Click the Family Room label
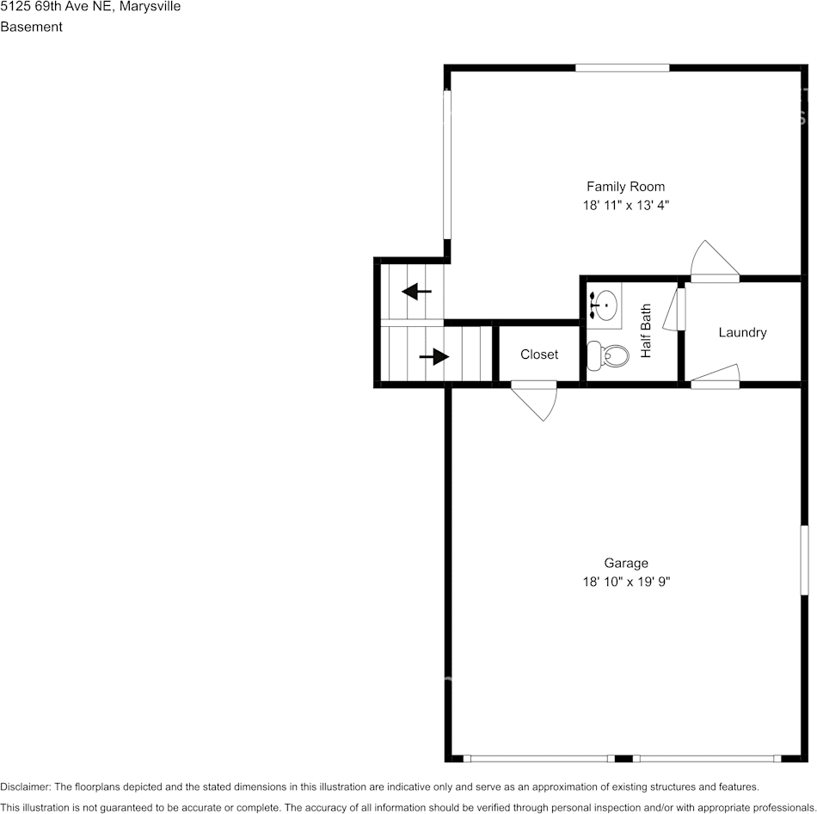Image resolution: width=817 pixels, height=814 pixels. (625, 187)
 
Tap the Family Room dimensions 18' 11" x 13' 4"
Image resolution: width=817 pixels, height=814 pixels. (625, 205)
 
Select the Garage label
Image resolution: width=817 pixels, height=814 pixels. (626, 564)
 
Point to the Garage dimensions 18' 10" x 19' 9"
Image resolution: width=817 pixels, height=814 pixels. (626, 582)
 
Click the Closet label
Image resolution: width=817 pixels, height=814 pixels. (538, 355)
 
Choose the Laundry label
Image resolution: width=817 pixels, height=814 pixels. (742, 333)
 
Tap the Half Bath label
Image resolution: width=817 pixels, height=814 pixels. (646, 330)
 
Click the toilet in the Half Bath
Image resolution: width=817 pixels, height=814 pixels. (607, 355)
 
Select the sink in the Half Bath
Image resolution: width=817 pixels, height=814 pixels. (605, 305)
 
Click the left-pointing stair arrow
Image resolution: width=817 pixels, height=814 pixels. (416, 291)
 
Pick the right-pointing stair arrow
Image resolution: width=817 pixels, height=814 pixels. (434, 357)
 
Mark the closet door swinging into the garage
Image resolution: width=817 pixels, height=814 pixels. (535, 400)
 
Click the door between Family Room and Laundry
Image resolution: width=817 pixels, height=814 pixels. (715, 262)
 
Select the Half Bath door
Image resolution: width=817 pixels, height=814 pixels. (674, 309)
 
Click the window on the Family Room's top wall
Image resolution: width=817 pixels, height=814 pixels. (622, 67)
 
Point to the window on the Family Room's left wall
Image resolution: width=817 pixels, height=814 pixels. (447, 164)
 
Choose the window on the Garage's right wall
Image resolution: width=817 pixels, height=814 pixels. (804, 560)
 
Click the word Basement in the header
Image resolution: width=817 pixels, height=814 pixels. (31, 27)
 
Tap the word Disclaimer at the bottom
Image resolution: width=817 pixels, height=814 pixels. (25, 786)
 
